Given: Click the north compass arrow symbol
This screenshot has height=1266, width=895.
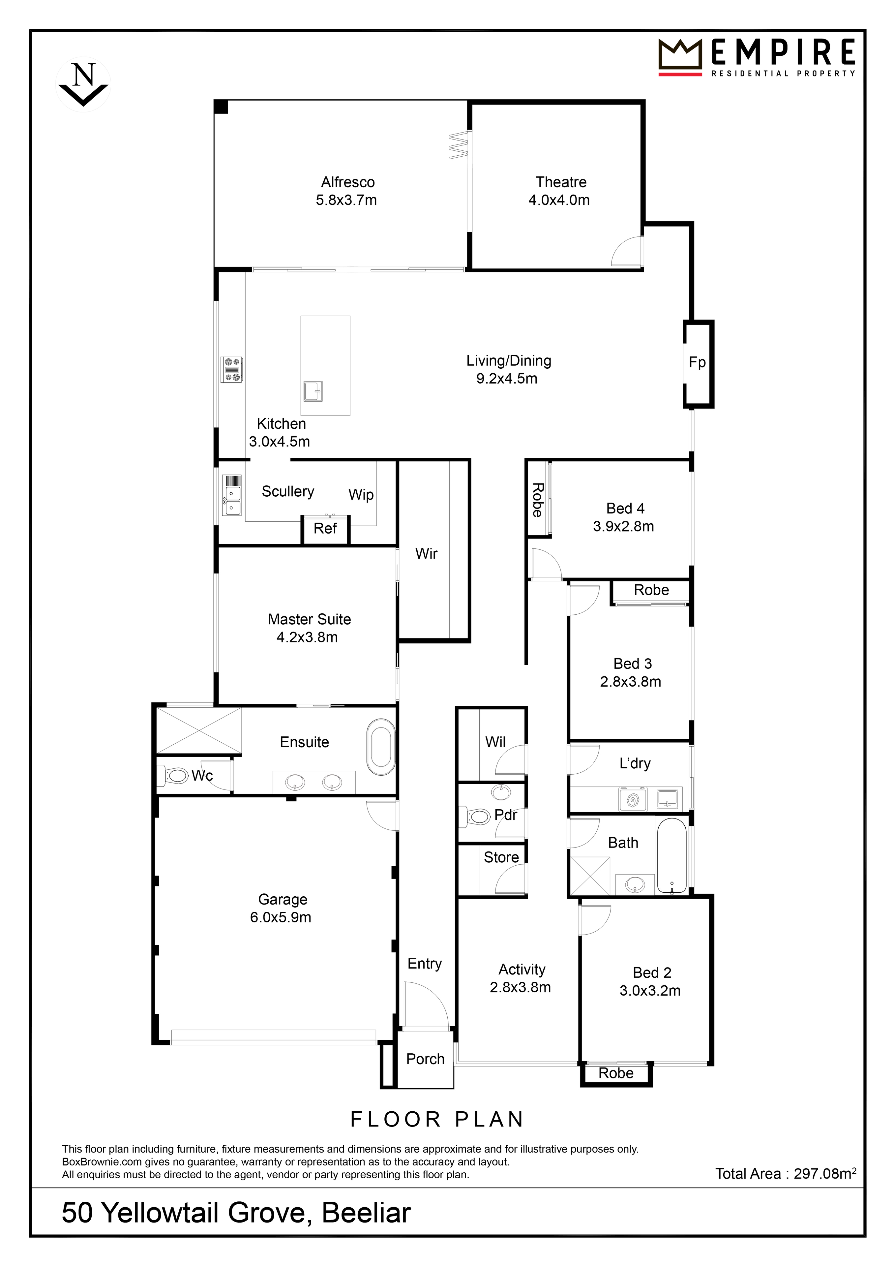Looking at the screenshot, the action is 83,84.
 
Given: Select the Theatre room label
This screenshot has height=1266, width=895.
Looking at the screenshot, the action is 561,182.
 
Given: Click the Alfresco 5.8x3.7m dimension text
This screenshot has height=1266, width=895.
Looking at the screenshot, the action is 346,200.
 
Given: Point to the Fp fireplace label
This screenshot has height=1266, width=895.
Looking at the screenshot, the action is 697,362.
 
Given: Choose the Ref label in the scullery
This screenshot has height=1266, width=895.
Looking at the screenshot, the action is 325,528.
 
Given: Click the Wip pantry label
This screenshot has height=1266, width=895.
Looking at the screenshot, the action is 361,495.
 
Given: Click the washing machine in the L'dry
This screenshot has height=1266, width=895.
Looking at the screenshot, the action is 633,799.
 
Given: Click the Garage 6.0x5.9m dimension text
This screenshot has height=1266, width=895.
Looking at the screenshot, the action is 281,917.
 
